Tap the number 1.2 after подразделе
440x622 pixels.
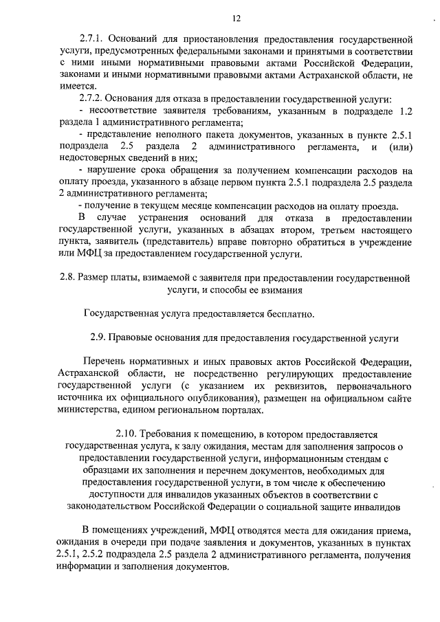pos(404,111)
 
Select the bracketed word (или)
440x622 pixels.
pos(399,146)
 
